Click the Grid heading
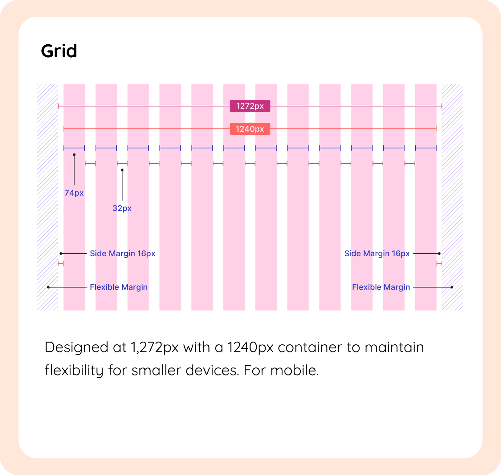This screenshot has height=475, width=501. coord(59,51)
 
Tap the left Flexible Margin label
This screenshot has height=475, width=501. coord(119,287)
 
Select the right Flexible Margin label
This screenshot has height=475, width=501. coord(381,287)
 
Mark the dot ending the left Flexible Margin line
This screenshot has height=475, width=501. coord(48,287)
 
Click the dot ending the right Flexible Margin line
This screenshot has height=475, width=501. coord(452,287)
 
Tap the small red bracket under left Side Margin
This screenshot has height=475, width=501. coord(61,263)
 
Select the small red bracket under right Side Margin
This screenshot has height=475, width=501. coord(439,263)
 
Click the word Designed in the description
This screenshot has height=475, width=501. coord(76,347)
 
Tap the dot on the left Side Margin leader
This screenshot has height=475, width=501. coord(61,254)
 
